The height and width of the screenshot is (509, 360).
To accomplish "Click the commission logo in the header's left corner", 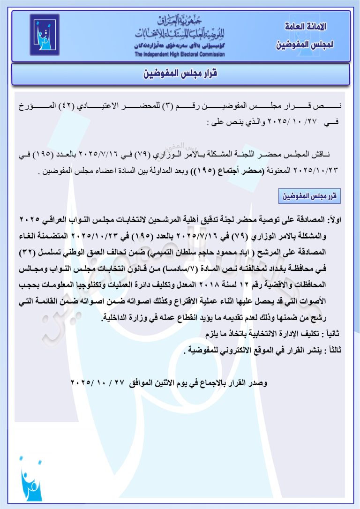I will click(45, 36).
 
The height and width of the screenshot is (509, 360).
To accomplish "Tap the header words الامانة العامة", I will click(305, 27).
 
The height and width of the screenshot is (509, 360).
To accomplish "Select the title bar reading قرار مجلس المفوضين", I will click(180, 74).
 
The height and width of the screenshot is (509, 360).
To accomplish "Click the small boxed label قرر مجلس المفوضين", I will click(309, 196).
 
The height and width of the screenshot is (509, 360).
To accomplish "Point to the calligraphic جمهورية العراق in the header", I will click(180, 22).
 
